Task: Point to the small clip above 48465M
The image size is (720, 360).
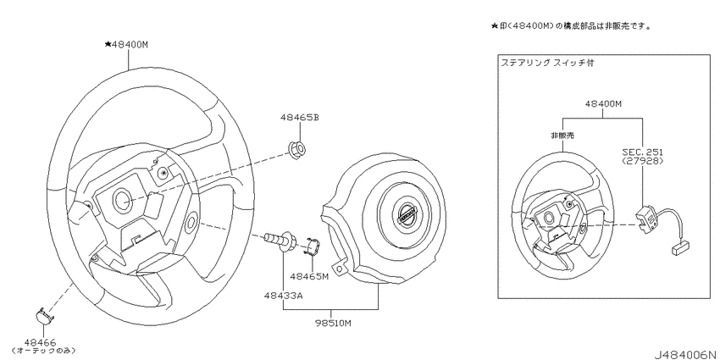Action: coord(311,247)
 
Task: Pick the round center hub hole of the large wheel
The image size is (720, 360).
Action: coord(121,200)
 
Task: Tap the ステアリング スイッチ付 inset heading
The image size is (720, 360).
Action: coord(542,63)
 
